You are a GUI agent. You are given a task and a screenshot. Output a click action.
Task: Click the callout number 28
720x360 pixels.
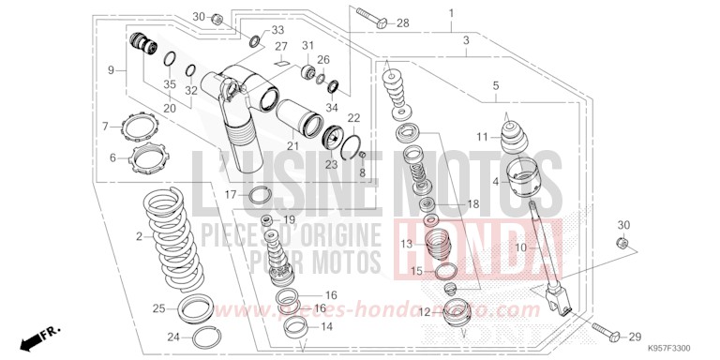click(x=403, y=22)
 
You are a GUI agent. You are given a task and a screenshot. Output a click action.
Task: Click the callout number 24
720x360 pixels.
click(x=147, y=337)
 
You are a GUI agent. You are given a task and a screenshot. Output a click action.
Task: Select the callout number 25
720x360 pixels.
click(x=159, y=308)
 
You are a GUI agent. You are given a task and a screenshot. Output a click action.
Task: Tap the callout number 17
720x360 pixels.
click(x=230, y=194)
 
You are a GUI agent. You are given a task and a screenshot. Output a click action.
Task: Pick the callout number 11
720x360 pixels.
click(x=482, y=137)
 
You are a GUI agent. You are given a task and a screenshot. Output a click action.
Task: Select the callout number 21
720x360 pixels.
click(x=292, y=145)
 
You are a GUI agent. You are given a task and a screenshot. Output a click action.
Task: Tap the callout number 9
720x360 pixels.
click(x=112, y=70)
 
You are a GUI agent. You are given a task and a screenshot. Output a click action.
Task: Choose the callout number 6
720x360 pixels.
click(x=113, y=157)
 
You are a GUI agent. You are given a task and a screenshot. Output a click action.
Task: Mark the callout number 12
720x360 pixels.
click(x=424, y=311)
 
